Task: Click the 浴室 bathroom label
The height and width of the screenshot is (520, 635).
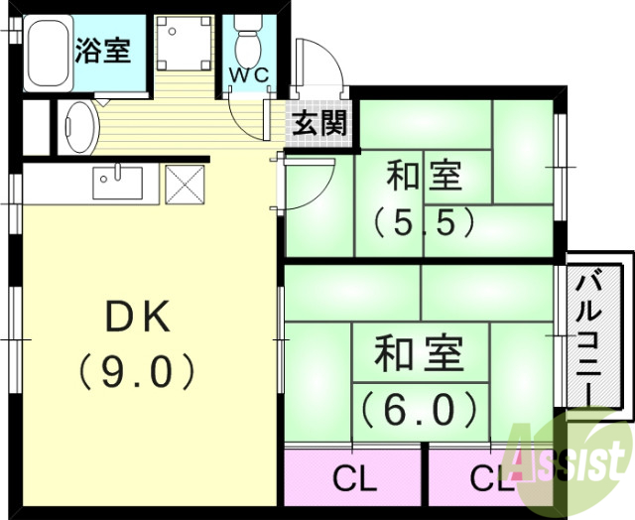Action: (103, 51)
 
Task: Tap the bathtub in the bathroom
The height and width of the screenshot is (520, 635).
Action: (47, 55)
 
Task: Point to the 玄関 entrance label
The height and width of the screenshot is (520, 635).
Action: (318, 125)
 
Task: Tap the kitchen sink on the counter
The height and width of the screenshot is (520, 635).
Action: (118, 183)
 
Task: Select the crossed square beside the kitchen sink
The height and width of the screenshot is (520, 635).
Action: (184, 184)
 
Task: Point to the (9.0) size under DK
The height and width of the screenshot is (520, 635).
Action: (138, 372)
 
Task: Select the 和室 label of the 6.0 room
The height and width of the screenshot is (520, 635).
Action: (418, 354)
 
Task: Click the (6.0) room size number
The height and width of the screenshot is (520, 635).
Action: (417, 407)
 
